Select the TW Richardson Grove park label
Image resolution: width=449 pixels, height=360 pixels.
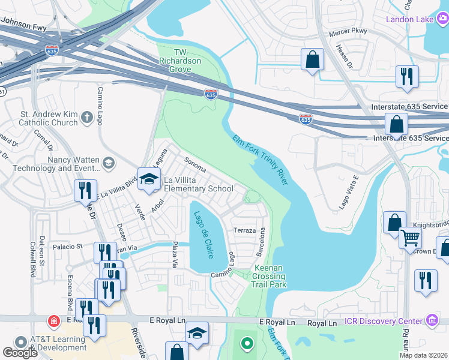pyautogui.click(x=175, y=61)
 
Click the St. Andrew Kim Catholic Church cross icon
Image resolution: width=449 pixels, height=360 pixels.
pyautogui.click(x=87, y=118)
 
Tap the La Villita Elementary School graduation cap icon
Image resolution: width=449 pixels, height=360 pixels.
pyautogui.click(x=149, y=178)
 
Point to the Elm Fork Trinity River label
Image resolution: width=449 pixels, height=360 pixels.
pyautogui.click(x=260, y=159)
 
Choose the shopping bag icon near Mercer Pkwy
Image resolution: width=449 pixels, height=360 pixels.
pyautogui.click(x=312, y=59)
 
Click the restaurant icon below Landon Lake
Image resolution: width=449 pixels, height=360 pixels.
pyautogui.click(x=407, y=76)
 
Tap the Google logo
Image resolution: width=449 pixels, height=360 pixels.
pyautogui.click(x=20, y=352)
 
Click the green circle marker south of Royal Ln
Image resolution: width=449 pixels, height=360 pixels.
pyautogui.click(x=246, y=344)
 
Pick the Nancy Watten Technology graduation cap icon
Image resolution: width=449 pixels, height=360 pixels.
pyautogui.click(x=109, y=163)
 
